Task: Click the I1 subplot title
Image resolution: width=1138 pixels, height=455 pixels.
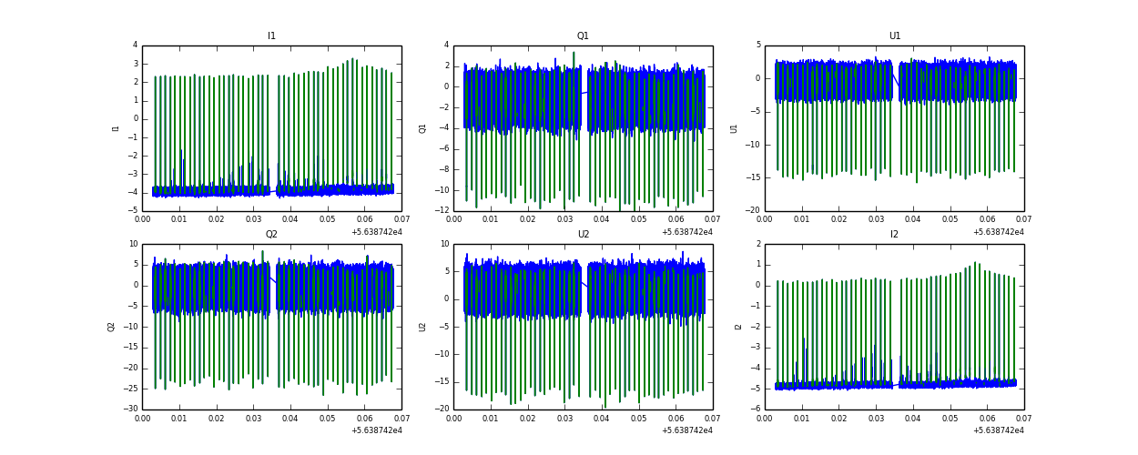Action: point(271,36)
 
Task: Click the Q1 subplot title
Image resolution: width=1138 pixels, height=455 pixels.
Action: point(583,36)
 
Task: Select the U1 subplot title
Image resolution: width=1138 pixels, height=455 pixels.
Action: point(894,36)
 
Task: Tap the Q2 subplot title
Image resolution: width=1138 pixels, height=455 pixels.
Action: point(271,235)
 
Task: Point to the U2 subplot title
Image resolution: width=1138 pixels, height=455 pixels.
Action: point(583,235)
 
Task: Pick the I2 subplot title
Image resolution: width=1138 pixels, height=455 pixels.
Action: point(894,235)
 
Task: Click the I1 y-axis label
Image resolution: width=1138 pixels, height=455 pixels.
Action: point(116,128)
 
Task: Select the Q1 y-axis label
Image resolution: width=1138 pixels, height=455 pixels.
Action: point(423,128)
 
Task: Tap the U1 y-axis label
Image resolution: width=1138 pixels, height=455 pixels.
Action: point(735,128)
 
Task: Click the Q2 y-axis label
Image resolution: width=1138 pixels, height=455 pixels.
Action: point(112,327)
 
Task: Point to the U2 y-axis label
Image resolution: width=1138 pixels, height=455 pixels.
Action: point(423,327)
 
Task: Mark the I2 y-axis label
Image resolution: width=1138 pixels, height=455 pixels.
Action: point(738,327)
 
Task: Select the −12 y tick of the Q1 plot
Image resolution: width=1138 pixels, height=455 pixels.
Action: point(442,211)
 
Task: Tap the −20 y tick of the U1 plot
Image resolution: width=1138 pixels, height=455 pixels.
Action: point(753,211)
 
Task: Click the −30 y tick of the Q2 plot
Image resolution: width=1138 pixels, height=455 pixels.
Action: point(131,409)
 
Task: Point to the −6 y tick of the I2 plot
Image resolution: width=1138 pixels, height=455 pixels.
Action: point(756,409)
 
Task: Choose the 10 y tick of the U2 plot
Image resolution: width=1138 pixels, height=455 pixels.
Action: point(445,244)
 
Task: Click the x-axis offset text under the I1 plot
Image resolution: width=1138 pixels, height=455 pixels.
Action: point(376,232)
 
